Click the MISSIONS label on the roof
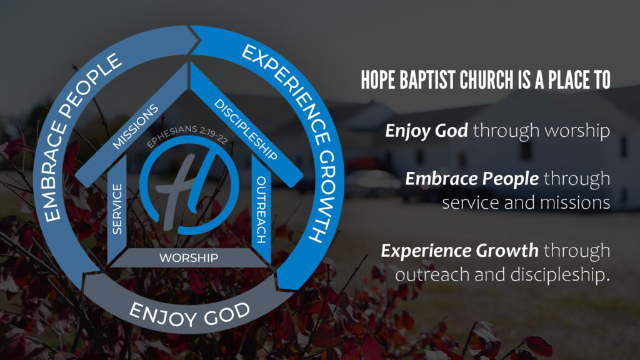coord(136,126)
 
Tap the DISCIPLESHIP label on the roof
coord(246,129)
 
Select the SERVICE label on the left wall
coord(117,209)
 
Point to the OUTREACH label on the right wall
coord(261,209)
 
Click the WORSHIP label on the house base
coord(189,258)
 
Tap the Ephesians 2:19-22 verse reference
coord(187,135)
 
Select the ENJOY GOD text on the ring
coord(189,315)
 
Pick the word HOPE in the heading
coord(378,79)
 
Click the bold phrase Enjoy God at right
coord(426,131)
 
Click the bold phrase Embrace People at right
coord(472,179)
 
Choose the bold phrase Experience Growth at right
coord(459,251)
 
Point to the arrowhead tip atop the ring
coord(200,40)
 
